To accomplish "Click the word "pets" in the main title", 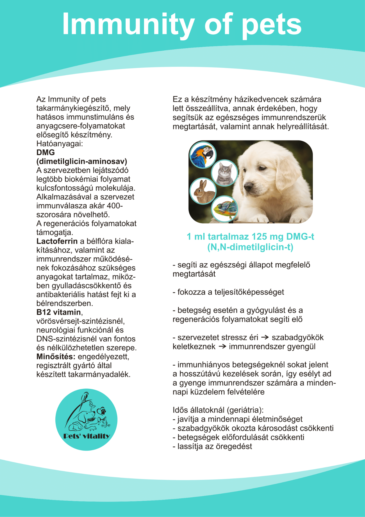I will click(x=272, y=25).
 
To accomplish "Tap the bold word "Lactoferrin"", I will click(x=57, y=241).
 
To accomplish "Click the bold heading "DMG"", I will click(x=46, y=152).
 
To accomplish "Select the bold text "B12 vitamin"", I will click(x=59, y=312).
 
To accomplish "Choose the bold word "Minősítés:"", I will click(x=56, y=357).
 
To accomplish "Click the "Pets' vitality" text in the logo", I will click(x=87, y=436).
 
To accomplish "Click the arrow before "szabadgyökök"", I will click(x=265, y=337).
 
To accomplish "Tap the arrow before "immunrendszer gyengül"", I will click(x=222, y=346).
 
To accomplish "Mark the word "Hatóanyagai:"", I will click(x=60, y=144).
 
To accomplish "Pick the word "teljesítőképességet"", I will click(x=249, y=292).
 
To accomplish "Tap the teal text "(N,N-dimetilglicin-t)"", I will click(x=250, y=247).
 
